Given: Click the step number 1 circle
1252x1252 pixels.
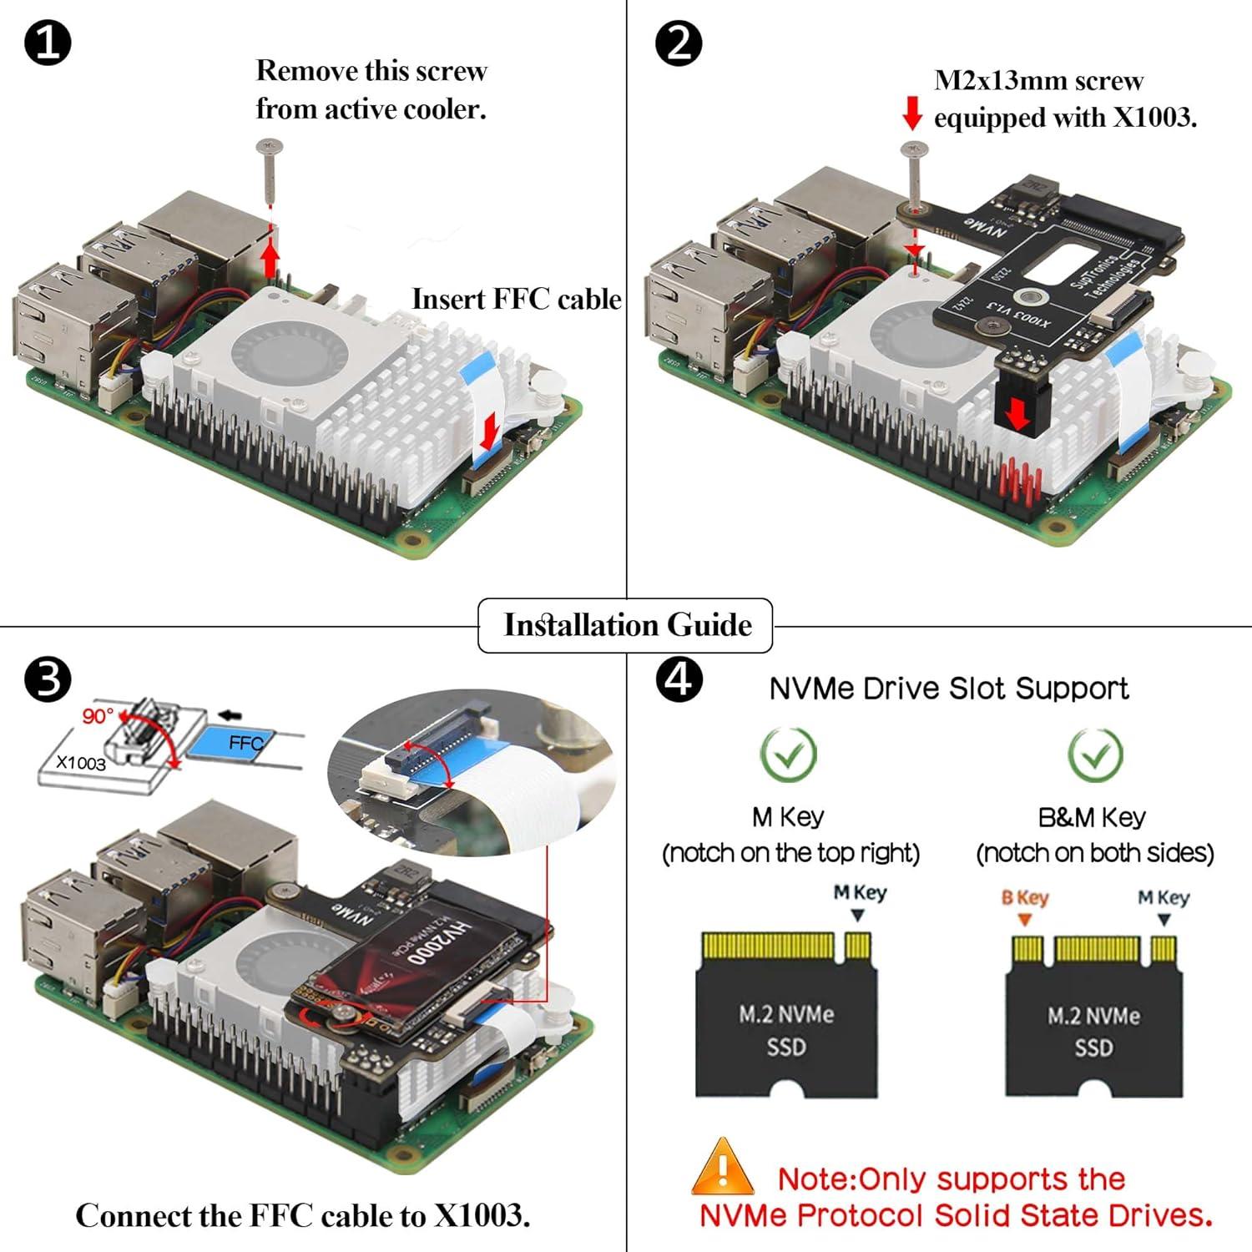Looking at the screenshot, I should tap(48, 43).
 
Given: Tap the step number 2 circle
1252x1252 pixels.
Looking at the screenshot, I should tap(678, 43).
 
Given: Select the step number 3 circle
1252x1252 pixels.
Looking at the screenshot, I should tap(48, 679).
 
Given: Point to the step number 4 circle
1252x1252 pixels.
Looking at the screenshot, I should tap(678, 679).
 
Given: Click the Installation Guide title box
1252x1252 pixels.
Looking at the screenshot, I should tap(626, 625).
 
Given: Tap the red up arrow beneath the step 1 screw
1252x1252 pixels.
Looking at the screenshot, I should tap(270, 255).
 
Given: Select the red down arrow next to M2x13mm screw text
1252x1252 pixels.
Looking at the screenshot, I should tap(912, 113).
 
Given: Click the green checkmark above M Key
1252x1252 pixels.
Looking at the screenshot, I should tap(788, 754).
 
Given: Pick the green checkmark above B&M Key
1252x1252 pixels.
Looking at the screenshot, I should tap(1095, 754).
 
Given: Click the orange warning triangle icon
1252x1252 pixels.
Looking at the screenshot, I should tap(723, 1168).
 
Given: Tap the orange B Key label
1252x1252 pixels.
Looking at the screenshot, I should tap(1025, 898).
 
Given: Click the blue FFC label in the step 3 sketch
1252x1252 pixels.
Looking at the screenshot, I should tap(244, 742).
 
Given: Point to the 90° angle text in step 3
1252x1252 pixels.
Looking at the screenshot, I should tap(98, 716).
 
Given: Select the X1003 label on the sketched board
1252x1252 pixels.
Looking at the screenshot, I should tap(81, 762).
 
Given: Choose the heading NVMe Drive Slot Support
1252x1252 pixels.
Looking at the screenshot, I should tap(948, 689).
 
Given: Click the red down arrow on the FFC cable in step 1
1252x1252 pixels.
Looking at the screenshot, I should tap(489, 431).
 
